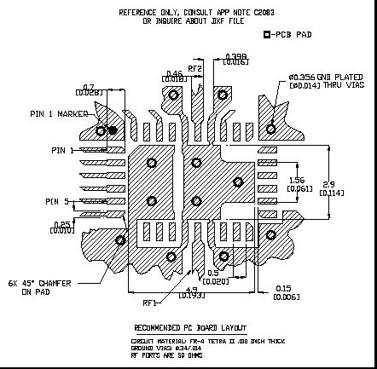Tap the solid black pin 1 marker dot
click(113, 130)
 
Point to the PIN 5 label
click(58, 201)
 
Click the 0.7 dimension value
click(90, 87)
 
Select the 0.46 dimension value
click(174, 73)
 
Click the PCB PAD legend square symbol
click(267, 35)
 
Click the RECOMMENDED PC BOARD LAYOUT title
click(190, 327)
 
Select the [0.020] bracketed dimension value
click(217, 280)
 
